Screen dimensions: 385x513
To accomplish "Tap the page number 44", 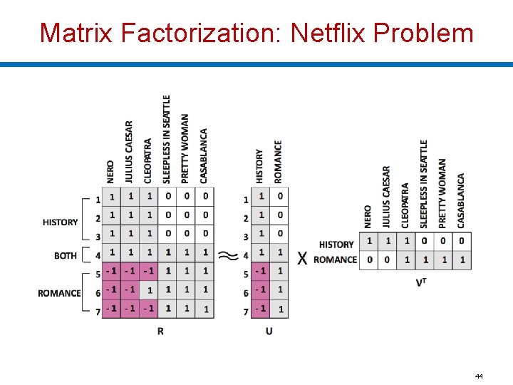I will (x=479, y=375).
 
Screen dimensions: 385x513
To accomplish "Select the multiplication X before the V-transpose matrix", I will (x=302, y=258).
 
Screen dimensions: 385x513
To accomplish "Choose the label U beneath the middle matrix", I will (x=269, y=331).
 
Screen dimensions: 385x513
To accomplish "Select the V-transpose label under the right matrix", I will (x=422, y=283).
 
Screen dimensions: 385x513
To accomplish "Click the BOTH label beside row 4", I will (x=66, y=255).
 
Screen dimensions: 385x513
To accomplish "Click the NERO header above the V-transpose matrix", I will (x=368, y=217).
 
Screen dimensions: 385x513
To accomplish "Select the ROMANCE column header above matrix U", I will (x=278, y=161).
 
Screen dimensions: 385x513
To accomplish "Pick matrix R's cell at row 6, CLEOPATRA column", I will (x=148, y=289).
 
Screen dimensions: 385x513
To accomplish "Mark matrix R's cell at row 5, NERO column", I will (x=111, y=271).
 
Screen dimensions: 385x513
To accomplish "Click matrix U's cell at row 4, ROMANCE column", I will (x=279, y=252).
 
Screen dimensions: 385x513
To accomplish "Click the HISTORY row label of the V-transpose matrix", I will (x=336, y=245).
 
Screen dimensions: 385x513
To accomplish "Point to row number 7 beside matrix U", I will (x=246, y=312).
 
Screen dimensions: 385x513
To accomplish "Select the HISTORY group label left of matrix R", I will (x=61, y=222).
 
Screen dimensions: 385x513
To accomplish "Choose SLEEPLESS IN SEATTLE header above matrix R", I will (x=167, y=139).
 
